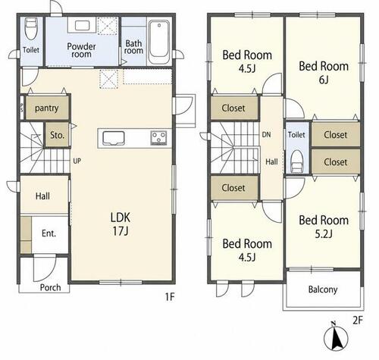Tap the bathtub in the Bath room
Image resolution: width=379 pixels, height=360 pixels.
[x=158, y=42]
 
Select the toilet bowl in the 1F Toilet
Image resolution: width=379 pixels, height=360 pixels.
[x=31, y=29]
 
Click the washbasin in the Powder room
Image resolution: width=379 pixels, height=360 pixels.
[x=82, y=25]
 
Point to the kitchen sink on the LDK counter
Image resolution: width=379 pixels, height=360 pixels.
[x=114, y=138]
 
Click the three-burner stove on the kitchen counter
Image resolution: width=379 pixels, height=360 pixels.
[x=158, y=138]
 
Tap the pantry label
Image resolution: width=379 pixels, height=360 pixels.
[x=47, y=108]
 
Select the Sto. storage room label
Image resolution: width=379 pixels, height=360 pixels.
[x=57, y=135]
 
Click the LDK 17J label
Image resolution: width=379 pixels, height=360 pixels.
[x=121, y=224]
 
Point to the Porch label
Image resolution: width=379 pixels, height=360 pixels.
[x=50, y=287]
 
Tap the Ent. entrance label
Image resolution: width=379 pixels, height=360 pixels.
[x=49, y=233]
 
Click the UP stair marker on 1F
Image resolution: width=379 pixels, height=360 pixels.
[x=77, y=161]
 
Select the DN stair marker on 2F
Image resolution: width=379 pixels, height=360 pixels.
[x=266, y=135]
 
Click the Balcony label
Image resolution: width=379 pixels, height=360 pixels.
[x=323, y=290]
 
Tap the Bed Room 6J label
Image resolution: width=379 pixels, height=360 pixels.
[x=324, y=73]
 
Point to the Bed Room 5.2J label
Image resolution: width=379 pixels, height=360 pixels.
[x=324, y=227]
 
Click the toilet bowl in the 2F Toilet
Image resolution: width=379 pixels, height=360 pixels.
[x=297, y=161]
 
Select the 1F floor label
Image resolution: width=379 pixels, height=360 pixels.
[x=170, y=296]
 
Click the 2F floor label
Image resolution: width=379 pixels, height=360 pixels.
[x=358, y=321]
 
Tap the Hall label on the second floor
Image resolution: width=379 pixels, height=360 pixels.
[x=271, y=161]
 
